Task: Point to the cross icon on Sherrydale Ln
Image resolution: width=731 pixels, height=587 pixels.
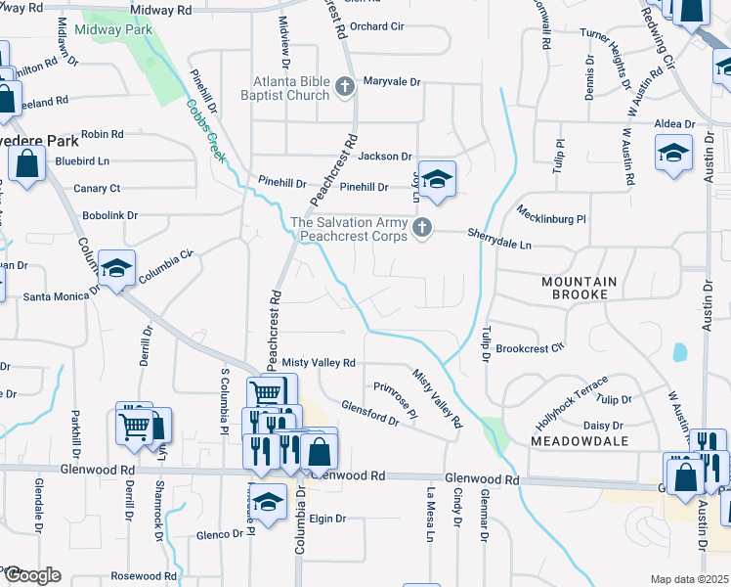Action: (422, 229)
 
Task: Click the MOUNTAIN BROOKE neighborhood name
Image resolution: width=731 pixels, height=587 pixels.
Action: (580, 288)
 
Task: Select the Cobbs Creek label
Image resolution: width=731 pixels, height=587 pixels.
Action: (200, 123)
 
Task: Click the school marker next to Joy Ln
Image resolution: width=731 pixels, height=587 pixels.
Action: (438, 178)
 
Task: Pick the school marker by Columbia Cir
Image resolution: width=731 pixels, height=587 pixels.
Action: (116, 269)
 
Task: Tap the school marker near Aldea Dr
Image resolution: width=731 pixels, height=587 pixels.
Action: (672, 155)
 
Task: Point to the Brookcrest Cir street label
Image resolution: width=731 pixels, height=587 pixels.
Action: (530, 348)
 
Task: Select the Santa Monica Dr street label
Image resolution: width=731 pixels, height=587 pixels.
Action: (63, 294)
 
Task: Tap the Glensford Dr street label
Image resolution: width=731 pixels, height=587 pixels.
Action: (369, 413)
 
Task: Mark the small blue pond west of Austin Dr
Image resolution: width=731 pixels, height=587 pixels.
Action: (679, 351)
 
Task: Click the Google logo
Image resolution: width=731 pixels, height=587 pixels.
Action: (31, 575)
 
